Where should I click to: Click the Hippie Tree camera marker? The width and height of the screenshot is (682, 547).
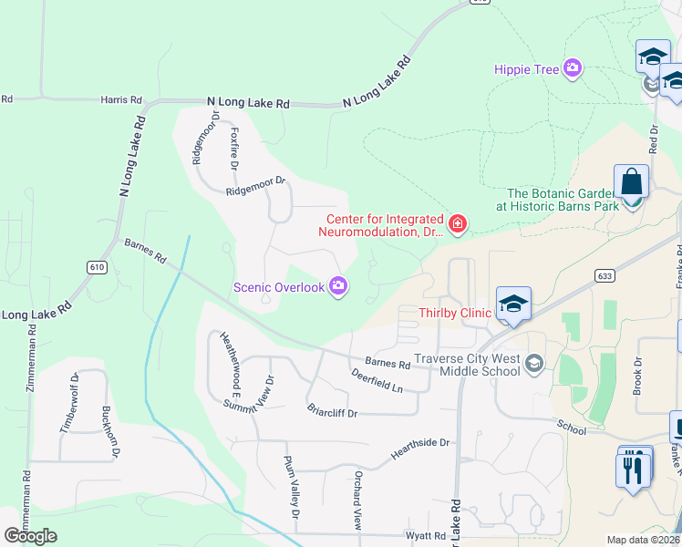pyautogui.click(x=573, y=67)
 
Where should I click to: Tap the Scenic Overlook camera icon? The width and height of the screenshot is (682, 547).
pyautogui.click(x=339, y=287)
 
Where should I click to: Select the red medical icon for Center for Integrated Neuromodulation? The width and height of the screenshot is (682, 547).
pyautogui.click(x=458, y=222)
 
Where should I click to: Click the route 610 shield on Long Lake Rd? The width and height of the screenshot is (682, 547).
pyautogui.click(x=97, y=267)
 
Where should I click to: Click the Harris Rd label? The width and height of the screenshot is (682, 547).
pyautogui.click(x=122, y=99)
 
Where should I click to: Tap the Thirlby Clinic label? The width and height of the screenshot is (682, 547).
pyautogui.click(x=454, y=313)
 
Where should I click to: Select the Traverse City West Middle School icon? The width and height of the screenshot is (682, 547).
pyautogui.click(x=533, y=365)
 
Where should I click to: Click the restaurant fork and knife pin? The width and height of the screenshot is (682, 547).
pyautogui.click(x=635, y=470)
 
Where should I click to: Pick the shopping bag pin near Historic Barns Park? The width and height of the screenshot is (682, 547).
pyautogui.click(x=631, y=184)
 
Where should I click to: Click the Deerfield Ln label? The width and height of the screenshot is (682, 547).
pyautogui.click(x=377, y=381)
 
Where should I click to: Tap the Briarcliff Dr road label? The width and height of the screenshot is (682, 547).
pyautogui.click(x=332, y=412)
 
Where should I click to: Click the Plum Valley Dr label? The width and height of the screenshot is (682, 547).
pyautogui.click(x=291, y=488)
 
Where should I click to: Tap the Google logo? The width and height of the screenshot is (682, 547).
pyautogui.click(x=30, y=536)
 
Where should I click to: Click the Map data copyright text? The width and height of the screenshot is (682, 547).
pyautogui.click(x=644, y=540)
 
